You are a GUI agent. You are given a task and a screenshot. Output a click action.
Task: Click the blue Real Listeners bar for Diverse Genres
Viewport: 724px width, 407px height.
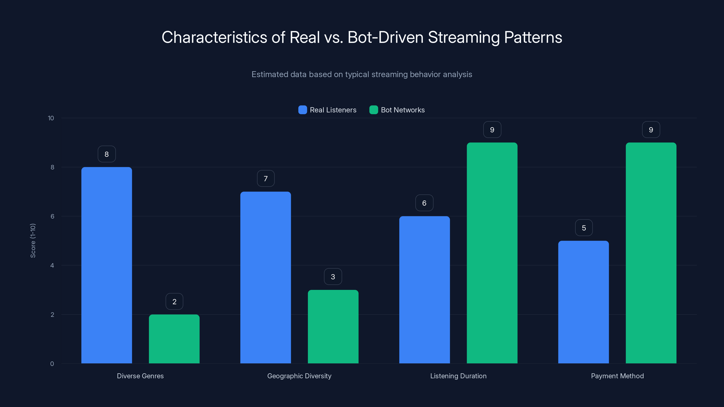(107, 265)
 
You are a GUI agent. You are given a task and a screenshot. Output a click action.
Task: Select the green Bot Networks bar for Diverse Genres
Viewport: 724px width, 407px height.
(174, 339)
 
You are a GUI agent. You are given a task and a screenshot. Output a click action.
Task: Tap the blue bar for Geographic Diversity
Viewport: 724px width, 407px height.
(265, 277)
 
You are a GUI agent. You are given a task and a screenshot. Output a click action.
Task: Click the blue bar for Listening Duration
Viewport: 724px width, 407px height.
(424, 290)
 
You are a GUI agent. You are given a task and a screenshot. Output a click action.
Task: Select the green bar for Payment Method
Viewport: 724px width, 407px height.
(651, 253)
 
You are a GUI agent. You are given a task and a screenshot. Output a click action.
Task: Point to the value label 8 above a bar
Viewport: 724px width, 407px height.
(107, 154)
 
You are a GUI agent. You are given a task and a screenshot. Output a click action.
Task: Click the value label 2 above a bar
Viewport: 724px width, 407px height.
(174, 302)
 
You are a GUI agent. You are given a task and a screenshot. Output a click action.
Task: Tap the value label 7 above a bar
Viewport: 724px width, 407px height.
(266, 179)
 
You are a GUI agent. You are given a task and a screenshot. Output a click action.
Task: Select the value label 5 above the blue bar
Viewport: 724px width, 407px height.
(584, 228)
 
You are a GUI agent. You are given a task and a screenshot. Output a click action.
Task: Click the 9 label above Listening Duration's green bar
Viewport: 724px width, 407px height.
(492, 130)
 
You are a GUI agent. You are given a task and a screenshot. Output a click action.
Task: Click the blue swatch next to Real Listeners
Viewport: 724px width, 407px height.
(302, 110)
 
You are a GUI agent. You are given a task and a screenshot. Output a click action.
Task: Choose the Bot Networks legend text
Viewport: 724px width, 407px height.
(402, 110)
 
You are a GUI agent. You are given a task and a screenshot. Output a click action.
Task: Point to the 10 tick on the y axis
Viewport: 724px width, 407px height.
(51, 118)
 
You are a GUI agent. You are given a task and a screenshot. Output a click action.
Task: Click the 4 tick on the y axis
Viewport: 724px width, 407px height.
(52, 265)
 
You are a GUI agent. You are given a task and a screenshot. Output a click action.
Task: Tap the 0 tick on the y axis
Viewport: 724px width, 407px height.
(52, 364)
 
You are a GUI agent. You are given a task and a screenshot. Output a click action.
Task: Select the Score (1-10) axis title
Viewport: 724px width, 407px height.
(33, 241)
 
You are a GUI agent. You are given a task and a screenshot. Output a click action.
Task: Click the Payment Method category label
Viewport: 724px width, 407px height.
(617, 376)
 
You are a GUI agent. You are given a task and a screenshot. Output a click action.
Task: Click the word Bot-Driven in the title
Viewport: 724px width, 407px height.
(385, 37)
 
